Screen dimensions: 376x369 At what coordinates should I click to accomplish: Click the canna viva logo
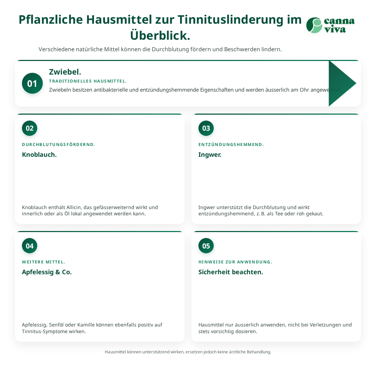[330, 25]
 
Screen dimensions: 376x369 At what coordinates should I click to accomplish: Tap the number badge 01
[32, 83]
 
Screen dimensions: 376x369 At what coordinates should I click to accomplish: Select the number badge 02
[30, 128]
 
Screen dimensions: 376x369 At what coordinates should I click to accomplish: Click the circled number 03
[206, 128]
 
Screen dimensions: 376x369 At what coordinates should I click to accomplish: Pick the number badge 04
[30, 246]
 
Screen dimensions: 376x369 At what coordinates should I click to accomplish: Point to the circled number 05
[206, 246]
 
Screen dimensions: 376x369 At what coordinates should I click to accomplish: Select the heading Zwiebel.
[65, 72]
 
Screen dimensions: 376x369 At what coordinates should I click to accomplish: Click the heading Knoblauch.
[39, 154]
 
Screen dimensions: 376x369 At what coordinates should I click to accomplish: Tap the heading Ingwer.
[210, 155]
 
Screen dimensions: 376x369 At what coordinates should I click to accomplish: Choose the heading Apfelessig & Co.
[47, 272]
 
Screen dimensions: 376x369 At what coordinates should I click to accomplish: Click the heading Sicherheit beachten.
[231, 272]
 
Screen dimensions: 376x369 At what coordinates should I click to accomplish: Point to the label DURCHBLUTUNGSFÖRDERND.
[58, 145]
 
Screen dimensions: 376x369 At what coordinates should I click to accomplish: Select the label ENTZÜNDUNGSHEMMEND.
[231, 145]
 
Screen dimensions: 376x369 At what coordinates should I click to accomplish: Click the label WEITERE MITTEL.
[44, 262]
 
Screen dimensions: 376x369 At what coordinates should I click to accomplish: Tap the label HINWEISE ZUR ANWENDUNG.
[235, 262]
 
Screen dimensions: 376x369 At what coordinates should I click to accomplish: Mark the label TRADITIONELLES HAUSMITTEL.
[88, 81]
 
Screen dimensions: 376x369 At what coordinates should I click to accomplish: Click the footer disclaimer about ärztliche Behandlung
[188, 352]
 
